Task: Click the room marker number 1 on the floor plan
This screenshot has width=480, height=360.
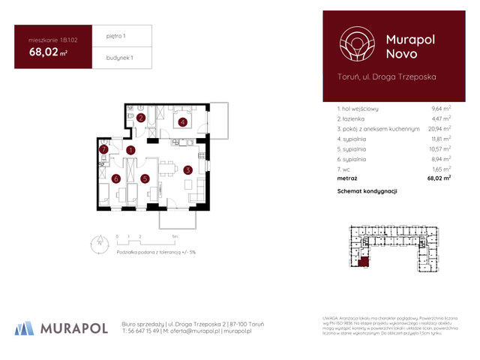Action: pos(130,150)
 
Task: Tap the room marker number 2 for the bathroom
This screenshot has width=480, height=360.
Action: pos(141,118)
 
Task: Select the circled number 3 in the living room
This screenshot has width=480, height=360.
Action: pos(187,170)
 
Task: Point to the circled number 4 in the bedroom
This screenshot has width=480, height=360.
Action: pos(182,121)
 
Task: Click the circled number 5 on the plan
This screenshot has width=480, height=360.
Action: pos(145,178)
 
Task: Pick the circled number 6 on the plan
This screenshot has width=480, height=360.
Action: pos(116,178)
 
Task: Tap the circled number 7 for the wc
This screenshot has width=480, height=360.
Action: pos(105,150)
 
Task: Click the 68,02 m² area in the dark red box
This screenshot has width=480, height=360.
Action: pos(49,52)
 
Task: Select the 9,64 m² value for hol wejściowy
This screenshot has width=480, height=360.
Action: pos(439,109)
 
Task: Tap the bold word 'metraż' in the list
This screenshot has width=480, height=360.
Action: pos(346,178)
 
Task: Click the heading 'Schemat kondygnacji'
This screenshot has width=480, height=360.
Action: pos(367,192)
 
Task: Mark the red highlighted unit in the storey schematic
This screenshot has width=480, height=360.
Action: pos(364,261)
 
